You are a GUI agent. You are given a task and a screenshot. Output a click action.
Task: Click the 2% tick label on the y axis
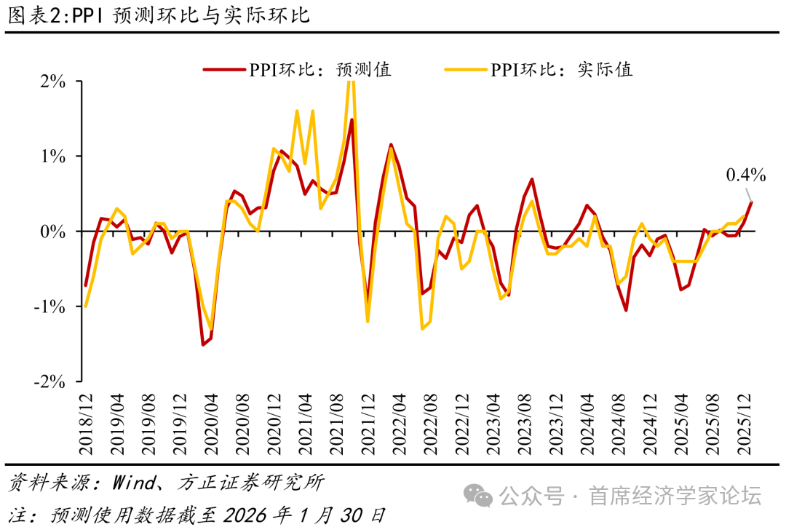[52, 82]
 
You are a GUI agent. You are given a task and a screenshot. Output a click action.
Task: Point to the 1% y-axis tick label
[52, 156]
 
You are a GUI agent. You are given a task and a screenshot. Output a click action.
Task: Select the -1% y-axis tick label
[49, 306]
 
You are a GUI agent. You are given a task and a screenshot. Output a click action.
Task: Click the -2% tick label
[49, 381]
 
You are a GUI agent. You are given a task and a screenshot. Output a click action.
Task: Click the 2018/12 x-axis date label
[86, 422]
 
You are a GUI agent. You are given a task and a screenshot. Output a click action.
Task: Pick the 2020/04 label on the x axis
[210, 422]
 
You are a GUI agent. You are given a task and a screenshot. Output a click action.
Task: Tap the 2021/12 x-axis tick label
[367, 422]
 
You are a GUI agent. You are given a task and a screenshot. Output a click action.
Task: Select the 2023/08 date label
[523, 422]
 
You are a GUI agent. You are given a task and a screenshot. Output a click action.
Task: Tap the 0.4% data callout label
[746, 175]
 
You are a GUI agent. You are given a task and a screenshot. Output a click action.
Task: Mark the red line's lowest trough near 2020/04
[203, 344]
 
